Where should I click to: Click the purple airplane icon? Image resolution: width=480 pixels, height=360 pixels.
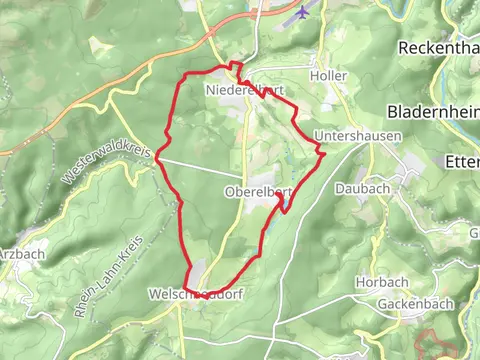(302, 13)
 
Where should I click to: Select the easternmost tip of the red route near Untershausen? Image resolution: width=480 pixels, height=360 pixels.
(322, 151)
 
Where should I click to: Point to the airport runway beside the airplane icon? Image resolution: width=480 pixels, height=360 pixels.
(284, 19)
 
